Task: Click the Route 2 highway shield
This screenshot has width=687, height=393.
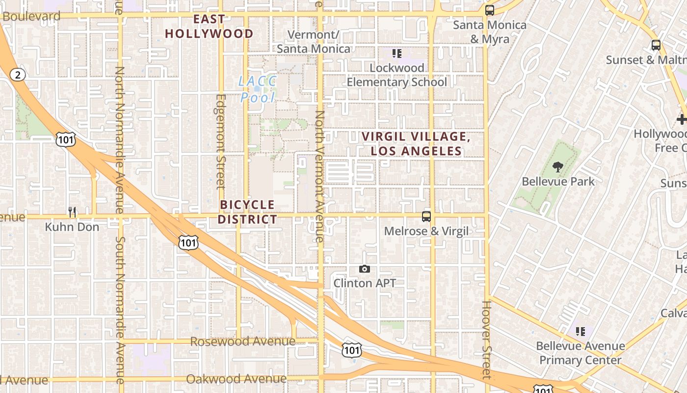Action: pyautogui.click(x=18, y=75)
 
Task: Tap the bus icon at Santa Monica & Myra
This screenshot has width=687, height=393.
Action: pyautogui.click(x=489, y=10)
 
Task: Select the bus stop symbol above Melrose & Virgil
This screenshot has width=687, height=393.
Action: pyautogui.click(x=426, y=216)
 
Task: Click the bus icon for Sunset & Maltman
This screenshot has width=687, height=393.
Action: pyautogui.click(x=656, y=45)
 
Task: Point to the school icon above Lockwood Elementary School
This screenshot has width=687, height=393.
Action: pyautogui.click(x=397, y=53)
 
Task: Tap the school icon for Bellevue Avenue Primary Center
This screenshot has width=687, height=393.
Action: pyautogui.click(x=581, y=332)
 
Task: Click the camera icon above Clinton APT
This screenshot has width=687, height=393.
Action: pyautogui.click(x=364, y=269)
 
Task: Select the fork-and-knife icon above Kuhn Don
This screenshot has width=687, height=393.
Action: pyautogui.click(x=72, y=212)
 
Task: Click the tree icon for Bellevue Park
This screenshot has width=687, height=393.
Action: pyautogui.click(x=557, y=167)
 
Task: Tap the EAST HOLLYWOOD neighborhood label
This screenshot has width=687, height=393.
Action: pyautogui.click(x=209, y=27)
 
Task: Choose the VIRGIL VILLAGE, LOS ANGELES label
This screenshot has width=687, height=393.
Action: pyautogui.click(x=416, y=144)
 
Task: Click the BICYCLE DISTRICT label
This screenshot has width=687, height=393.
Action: pyautogui.click(x=247, y=212)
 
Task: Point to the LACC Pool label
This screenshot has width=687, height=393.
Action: pyautogui.click(x=257, y=89)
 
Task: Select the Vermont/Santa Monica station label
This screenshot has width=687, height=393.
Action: pyautogui.click(x=314, y=42)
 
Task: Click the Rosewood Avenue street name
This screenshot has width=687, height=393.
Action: pyautogui.click(x=242, y=341)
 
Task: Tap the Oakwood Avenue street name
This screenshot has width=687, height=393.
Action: pyautogui.click(x=236, y=379)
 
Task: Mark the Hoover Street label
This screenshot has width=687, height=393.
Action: pyautogui.click(x=486, y=340)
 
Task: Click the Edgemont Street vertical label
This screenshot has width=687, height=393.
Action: pyautogui.click(x=220, y=141)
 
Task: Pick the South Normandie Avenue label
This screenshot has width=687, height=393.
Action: pyautogui.click(x=120, y=309)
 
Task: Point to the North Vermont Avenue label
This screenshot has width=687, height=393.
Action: pyautogui.click(x=319, y=177)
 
